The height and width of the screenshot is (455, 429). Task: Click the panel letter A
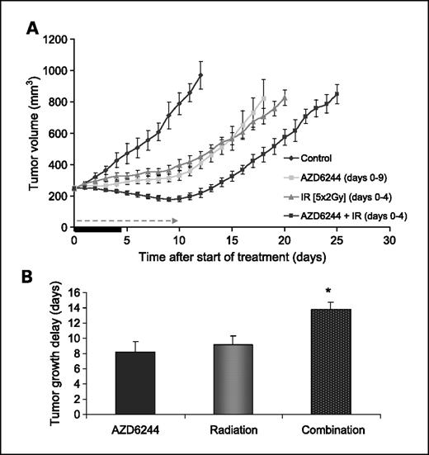[32, 29]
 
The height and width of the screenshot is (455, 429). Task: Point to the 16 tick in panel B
[78, 292]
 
